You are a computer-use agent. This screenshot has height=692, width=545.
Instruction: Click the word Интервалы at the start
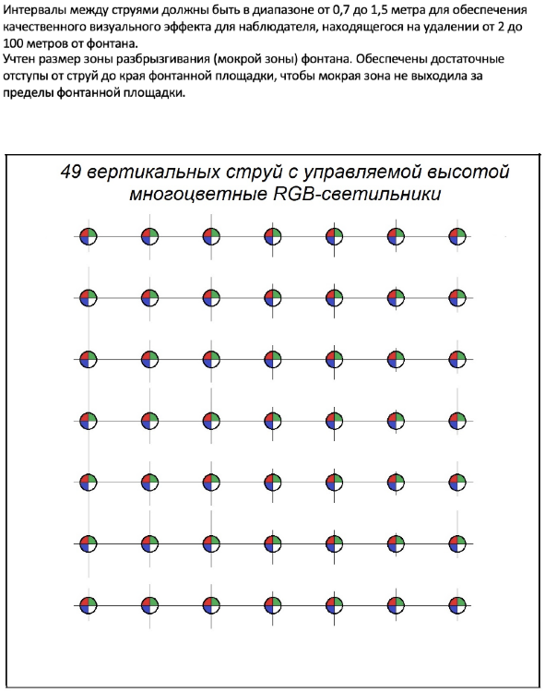[x=37, y=10]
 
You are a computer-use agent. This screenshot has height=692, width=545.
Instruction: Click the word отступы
[x=28, y=77]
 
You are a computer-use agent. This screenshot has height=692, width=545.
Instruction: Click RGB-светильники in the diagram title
[x=369, y=195]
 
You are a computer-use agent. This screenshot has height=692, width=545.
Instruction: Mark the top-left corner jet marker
[x=88, y=236]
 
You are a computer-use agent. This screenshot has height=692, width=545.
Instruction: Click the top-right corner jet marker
[x=456, y=236]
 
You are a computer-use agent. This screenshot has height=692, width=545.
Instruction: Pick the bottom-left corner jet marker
[x=88, y=605]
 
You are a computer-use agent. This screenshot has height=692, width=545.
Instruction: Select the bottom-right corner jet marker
[x=456, y=605]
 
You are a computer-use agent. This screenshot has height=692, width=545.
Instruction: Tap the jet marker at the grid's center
[x=272, y=421]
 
